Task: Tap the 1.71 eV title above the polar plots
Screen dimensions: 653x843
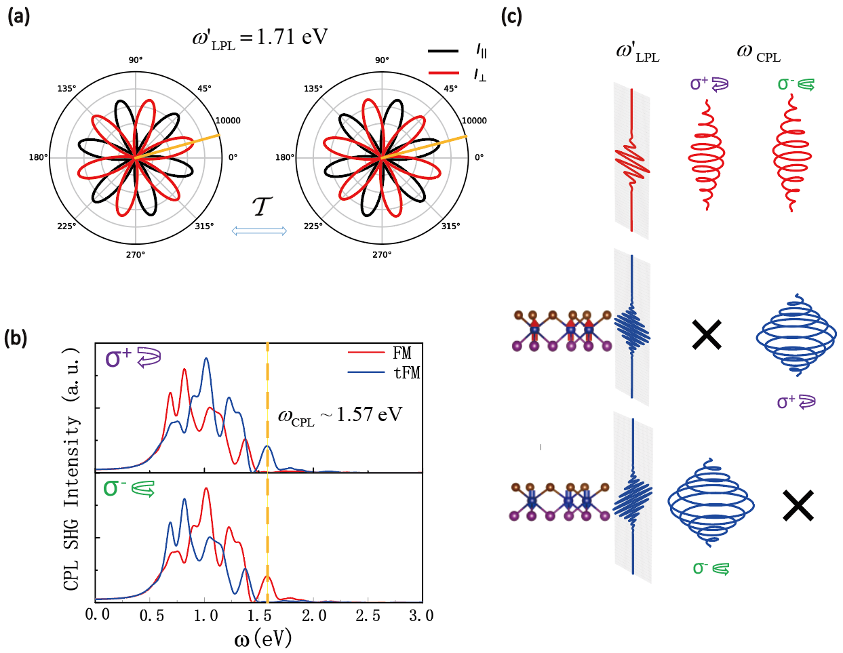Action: pyautogui.click(x=260, y=38)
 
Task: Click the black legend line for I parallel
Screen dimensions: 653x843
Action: pyautogui.click(x=444, y=50)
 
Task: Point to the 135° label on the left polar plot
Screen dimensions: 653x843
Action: pyautogui.click(x=66, y=89)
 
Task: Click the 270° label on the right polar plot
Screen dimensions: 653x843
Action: pyautogui.click(x=382, y=255)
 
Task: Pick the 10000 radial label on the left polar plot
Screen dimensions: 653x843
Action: pyautogui.click(x=228, y=121)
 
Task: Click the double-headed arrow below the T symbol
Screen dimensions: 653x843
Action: pyautogui.click(x=259, y=231)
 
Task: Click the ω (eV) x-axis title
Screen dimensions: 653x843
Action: pyautogui.click(x=262, y=638)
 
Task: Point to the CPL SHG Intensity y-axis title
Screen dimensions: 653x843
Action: pyautogui.click(x=72, y=468)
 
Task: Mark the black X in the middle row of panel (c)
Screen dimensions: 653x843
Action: pyautogui.click(x=706, y=335)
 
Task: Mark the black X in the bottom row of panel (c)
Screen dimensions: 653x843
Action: pyautogui.click(x=798, y=506)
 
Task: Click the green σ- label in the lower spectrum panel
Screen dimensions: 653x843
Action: pyautogui.click(x=129, y=488)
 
